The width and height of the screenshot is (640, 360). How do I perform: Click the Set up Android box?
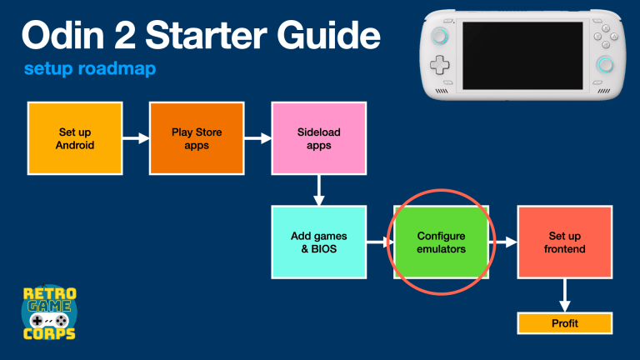(76, 138)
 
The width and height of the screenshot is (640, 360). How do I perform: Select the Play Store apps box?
(196, 138)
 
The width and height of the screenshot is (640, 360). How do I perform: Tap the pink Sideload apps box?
(319, 138)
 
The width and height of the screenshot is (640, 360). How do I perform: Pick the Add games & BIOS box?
(319, 242)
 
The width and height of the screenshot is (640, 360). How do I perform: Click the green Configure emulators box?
(441, 242)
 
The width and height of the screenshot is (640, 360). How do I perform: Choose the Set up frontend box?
(564, 242)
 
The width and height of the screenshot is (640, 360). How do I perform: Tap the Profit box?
(564, 323)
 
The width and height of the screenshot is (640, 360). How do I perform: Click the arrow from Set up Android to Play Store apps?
(136, 138)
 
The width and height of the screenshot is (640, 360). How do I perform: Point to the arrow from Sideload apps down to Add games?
(319, 190)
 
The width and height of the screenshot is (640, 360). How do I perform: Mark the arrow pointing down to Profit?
(564, 295)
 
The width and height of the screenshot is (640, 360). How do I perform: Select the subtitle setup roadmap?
(90, 69)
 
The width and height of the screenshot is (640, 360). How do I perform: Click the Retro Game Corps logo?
(48, 312)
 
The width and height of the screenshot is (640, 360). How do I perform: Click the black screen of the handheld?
(522, 55)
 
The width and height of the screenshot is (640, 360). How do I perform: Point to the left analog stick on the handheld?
(441, 35)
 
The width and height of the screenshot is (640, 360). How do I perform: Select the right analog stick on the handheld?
(606, 65)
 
